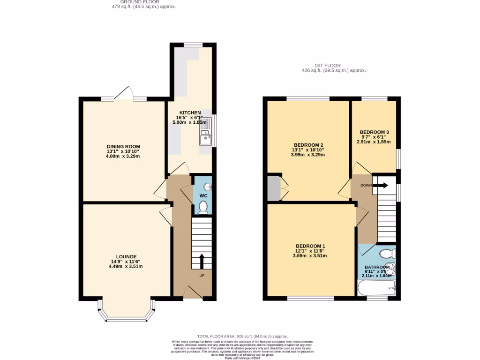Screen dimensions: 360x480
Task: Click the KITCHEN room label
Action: point(189,113)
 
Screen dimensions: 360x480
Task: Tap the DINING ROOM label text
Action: point(123,147)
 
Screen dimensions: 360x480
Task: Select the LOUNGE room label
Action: point(127,256)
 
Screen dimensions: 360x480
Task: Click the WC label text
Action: point(203,195)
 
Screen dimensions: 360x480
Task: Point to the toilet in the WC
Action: point(203,208)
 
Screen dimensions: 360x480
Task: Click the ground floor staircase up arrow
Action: point(202,261)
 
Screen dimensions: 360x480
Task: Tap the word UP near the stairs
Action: point(202,275)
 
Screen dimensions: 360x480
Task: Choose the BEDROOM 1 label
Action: point(310,246)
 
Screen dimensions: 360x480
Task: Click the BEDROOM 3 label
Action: point(375,132)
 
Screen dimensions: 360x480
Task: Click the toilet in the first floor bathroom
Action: point(387,254)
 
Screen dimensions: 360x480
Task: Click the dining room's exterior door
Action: point(124,94)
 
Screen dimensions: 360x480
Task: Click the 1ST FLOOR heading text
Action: point(328,66)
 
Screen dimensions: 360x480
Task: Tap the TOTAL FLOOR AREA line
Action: point(242,336)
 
